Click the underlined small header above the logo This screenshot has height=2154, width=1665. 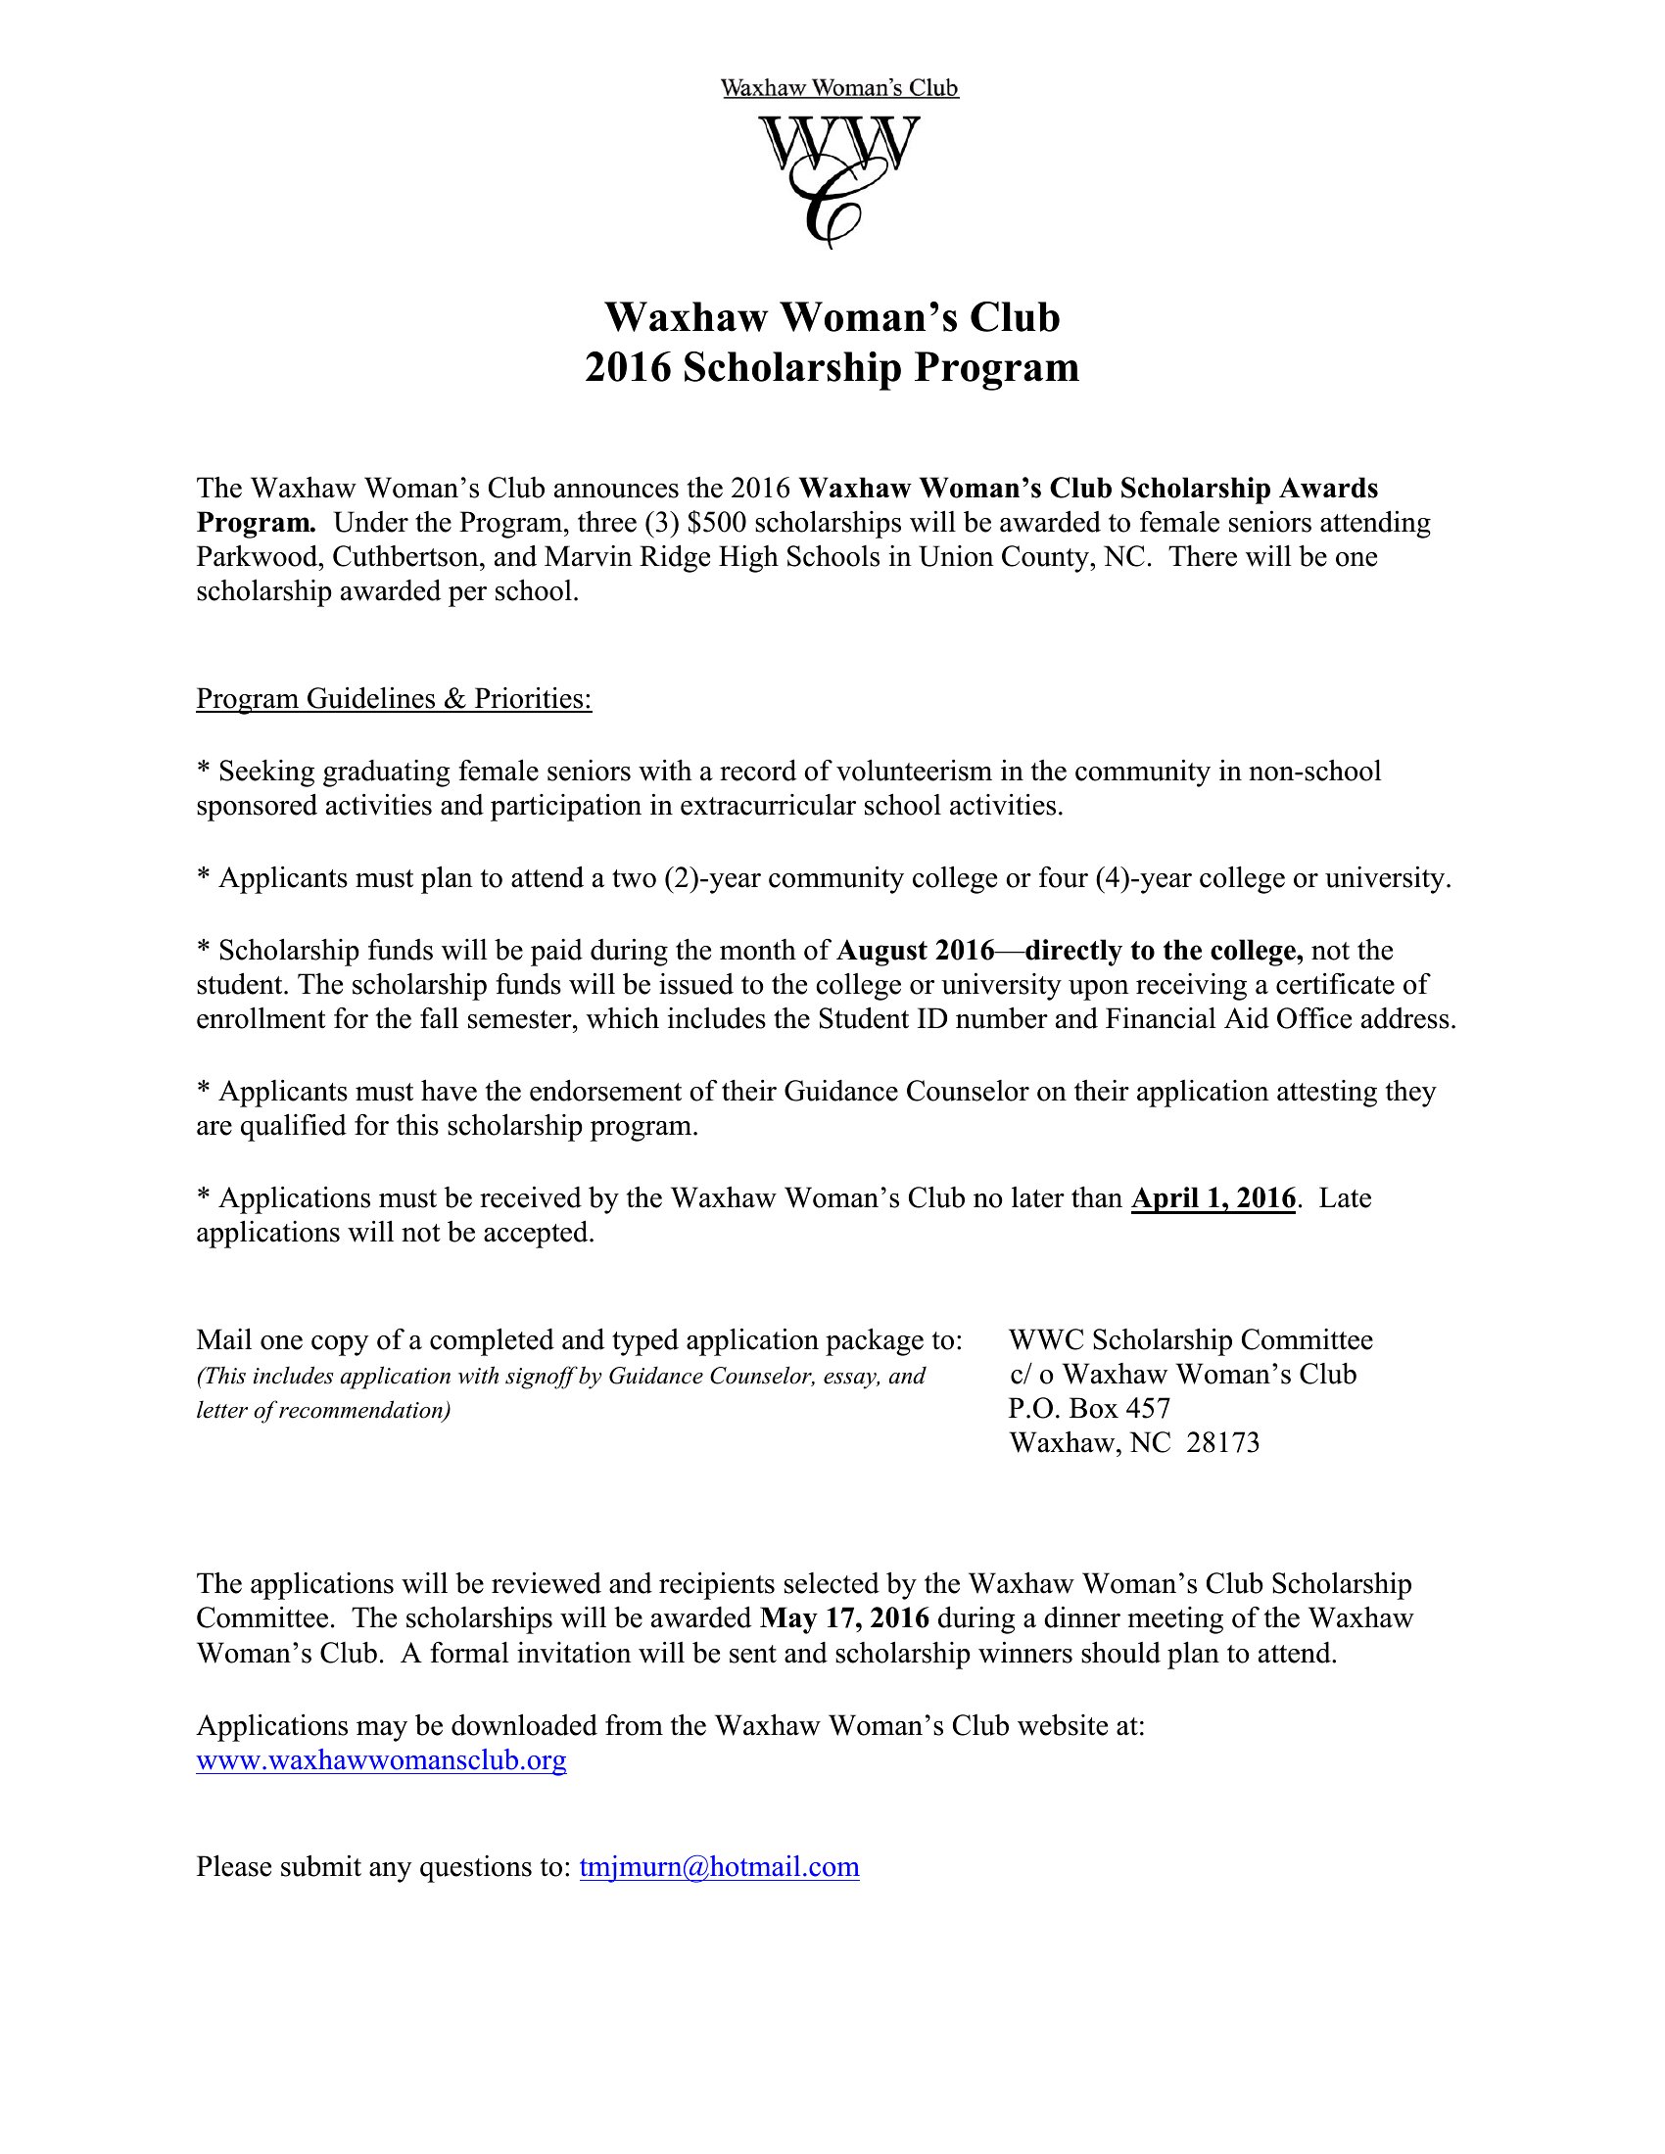click(839, 89)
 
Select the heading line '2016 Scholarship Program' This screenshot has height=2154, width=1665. click(832, 368)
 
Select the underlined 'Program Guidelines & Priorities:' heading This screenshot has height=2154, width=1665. click(394, 698)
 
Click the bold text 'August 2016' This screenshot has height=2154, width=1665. click(915, 951)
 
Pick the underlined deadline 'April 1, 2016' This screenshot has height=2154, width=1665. click(1213, 1198)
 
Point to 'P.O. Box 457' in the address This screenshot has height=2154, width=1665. click(1089, 1408)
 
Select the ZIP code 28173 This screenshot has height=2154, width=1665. click(1223, 1443)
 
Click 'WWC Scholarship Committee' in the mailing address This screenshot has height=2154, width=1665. click(1191, 1340)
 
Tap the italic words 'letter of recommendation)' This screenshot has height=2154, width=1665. click(323, 1410)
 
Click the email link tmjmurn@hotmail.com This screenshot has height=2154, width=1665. click(719, 1867)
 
